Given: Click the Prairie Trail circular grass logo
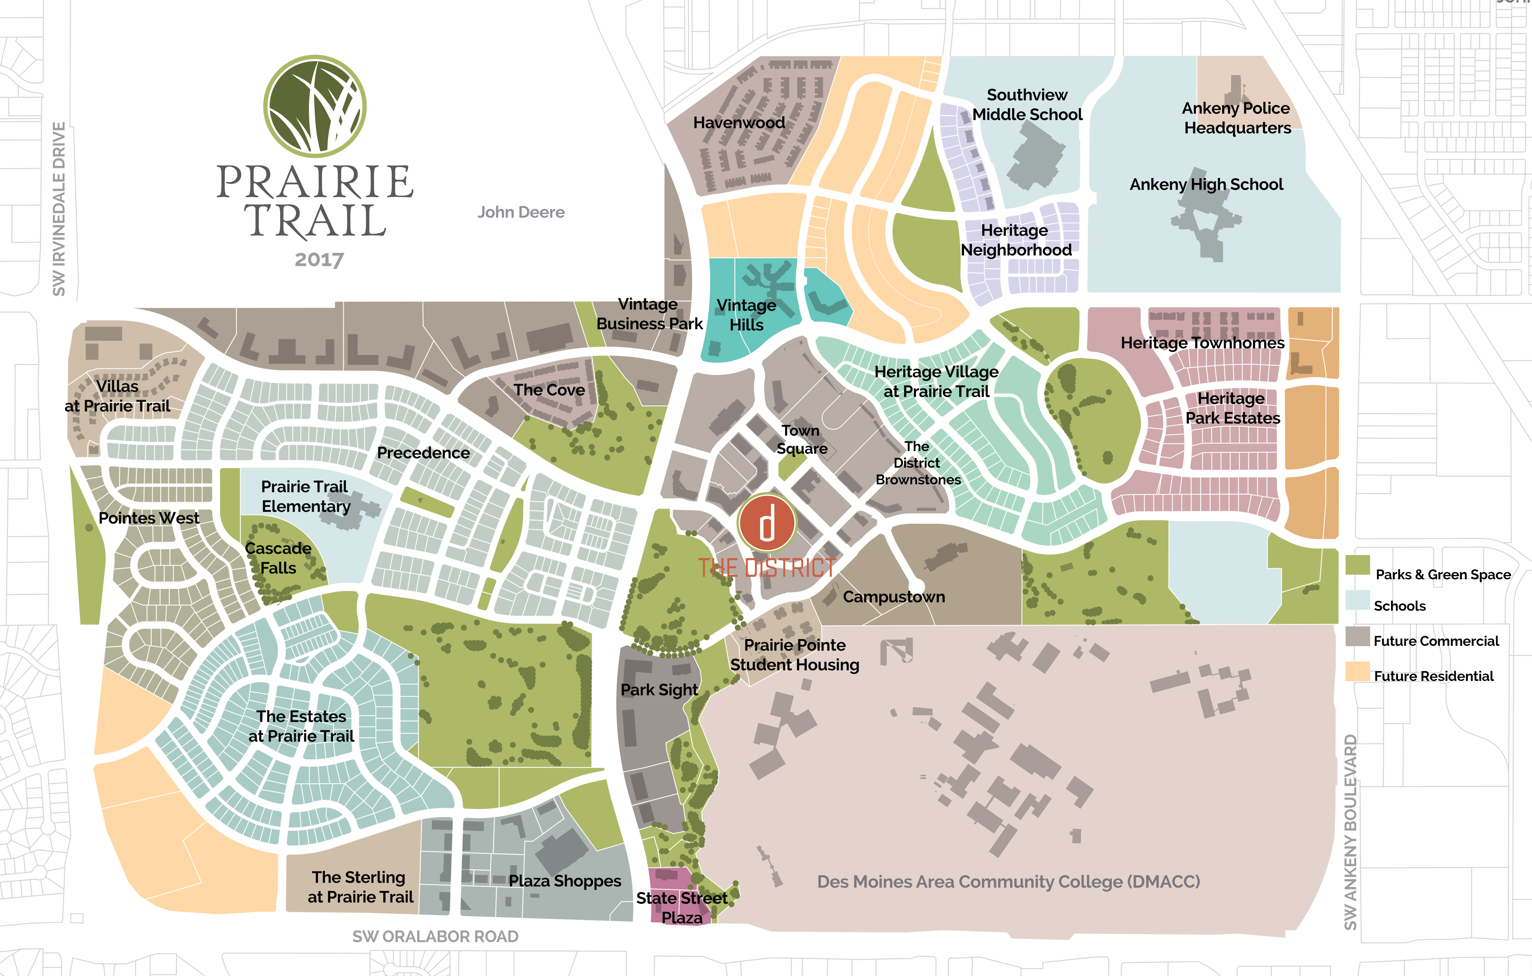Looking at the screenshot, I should (x=315, y=106).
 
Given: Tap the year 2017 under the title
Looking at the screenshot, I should (x=319, y=260).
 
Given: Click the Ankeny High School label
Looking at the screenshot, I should (x=1206, y=185).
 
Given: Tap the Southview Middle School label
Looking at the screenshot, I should (x=1027, y=104).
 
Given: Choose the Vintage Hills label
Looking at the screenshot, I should (x=746, y=315).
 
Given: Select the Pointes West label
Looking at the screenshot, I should (x=149, y=518).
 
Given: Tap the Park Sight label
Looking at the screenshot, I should (x=659, y=690).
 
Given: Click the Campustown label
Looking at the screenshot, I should (x=894, y=597).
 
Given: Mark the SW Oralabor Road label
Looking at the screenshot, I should (x=435, y=937).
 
